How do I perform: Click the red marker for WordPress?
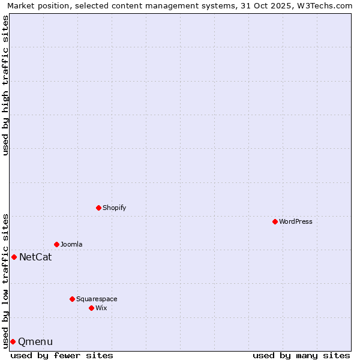pyautogui.click(x=275, y=221)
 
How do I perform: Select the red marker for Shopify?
pyautogui.click(x=98, y=208)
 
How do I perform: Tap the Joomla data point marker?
pyautogui.click(x=56, y=244)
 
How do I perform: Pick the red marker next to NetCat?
pyautogui.click(x=14, y=257)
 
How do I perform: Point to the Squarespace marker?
pyautogui.click(x=72, y=299)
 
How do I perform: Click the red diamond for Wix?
pyautogui.click(x=91, y=308)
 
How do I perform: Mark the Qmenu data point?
pyautogui.click(x=13, y=341)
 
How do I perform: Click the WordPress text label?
pyautogui.click(x=296, y=221)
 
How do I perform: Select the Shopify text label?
pyautogui.click(x=115, y=208)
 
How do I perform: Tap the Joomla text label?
pyautogui.click(x=71, y=244)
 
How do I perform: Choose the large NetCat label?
pyautogui.click(x=35, y=257)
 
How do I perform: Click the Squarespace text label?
pyautogui.click(x=97, y=299)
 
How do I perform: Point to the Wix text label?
pyautogui.click(x=101, y=308)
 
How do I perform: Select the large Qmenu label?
pyautogui.click(x=35, y=342)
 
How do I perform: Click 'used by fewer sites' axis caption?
pyautogui.click(x=62, y=355)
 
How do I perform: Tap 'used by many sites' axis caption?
pyautogui.click(x=301, y=355)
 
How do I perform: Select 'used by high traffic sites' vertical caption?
pyautogui.click(x=6, y=85)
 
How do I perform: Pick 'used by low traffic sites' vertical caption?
pyautogui.click(x=6, y=280)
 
